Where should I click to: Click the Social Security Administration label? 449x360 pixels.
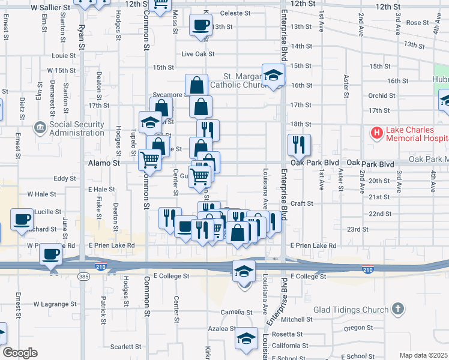[x=77, y=128]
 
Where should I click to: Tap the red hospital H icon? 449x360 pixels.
[x=376, y=132]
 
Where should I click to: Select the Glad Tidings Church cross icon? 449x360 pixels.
[x=397, y=309]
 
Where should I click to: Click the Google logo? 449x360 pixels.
[x=19, y=353]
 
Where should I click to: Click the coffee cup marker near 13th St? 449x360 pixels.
[x=200, y=25]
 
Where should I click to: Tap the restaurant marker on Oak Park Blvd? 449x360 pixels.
[x=298, y=145]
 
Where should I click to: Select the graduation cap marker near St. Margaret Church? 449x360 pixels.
[x=273, y=74]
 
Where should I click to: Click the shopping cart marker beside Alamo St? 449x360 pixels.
[x=149, y=159]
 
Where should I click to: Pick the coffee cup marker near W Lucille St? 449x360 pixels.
[x=22, y=219]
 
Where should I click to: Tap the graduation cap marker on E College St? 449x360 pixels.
[x=244, y=272]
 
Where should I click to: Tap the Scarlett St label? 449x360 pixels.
[x=125, y=347]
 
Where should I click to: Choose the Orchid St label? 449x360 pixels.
[x=378, y=95]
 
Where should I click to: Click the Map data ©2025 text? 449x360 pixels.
[x=423, y=355]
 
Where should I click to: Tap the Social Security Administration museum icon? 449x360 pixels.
[x=40, y=127]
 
